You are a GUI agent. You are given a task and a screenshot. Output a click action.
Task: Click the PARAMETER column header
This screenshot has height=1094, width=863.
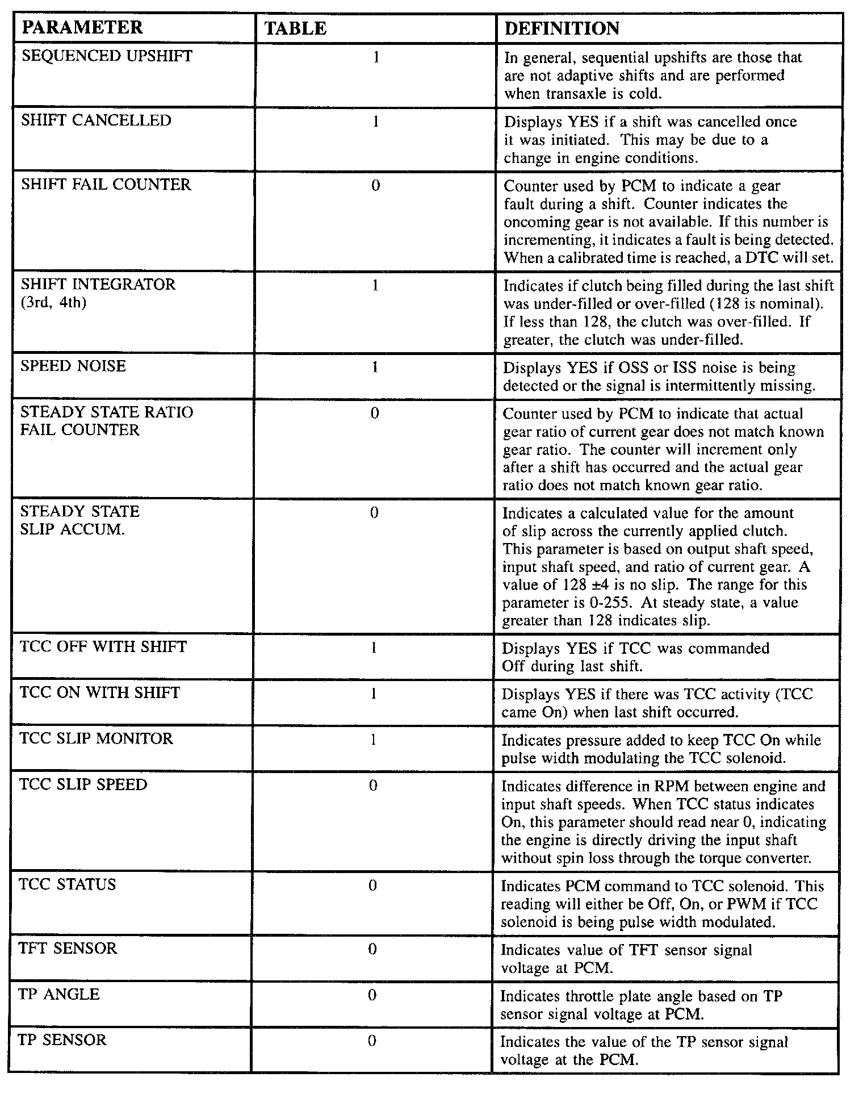tap(82, 28)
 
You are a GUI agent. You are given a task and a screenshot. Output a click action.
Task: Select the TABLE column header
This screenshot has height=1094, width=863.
tap(295, 28)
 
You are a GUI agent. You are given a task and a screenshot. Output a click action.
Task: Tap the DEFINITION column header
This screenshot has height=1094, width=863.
tap(562, 28)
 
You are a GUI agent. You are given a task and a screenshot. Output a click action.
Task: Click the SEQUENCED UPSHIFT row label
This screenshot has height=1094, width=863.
tap(107, 56)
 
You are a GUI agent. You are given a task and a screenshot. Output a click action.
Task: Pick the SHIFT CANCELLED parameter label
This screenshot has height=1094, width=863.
tap(96, 120)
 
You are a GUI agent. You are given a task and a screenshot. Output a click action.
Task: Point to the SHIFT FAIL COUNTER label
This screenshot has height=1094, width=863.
tap(106, 185)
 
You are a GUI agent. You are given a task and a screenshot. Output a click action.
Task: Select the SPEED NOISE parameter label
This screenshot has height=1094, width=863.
tap(73, 366)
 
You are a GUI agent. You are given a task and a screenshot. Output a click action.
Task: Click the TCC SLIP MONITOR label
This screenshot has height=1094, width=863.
tap(96, 738)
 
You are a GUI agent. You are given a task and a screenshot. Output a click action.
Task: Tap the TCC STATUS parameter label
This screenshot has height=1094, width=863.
tap(68, 884)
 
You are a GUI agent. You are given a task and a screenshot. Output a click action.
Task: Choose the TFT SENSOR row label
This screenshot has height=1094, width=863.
tap(68, 948)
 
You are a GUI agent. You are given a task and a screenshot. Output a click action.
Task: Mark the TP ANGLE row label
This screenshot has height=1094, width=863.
tap(59, 994)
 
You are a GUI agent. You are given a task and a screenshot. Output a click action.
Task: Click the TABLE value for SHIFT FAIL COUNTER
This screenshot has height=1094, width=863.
tap(375, 186)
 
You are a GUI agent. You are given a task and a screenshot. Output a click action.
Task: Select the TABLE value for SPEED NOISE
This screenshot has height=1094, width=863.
tap(374, 368)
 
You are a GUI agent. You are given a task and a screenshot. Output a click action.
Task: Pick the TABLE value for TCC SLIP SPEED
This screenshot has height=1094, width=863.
tap(373, 786)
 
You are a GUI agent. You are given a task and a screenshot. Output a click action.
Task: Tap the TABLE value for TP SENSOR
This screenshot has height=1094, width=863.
tap(372, 1041)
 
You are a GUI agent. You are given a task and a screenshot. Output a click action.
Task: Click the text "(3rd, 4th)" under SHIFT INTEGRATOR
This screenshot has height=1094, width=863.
tap(53, 303)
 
